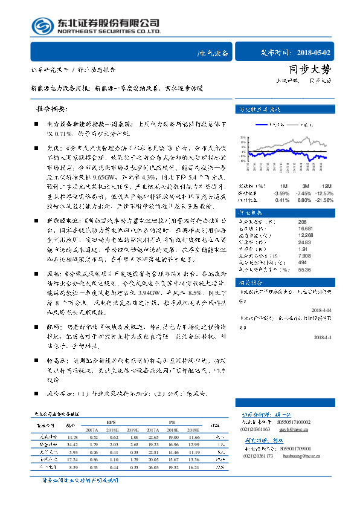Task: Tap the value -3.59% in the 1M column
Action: (283, 192)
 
